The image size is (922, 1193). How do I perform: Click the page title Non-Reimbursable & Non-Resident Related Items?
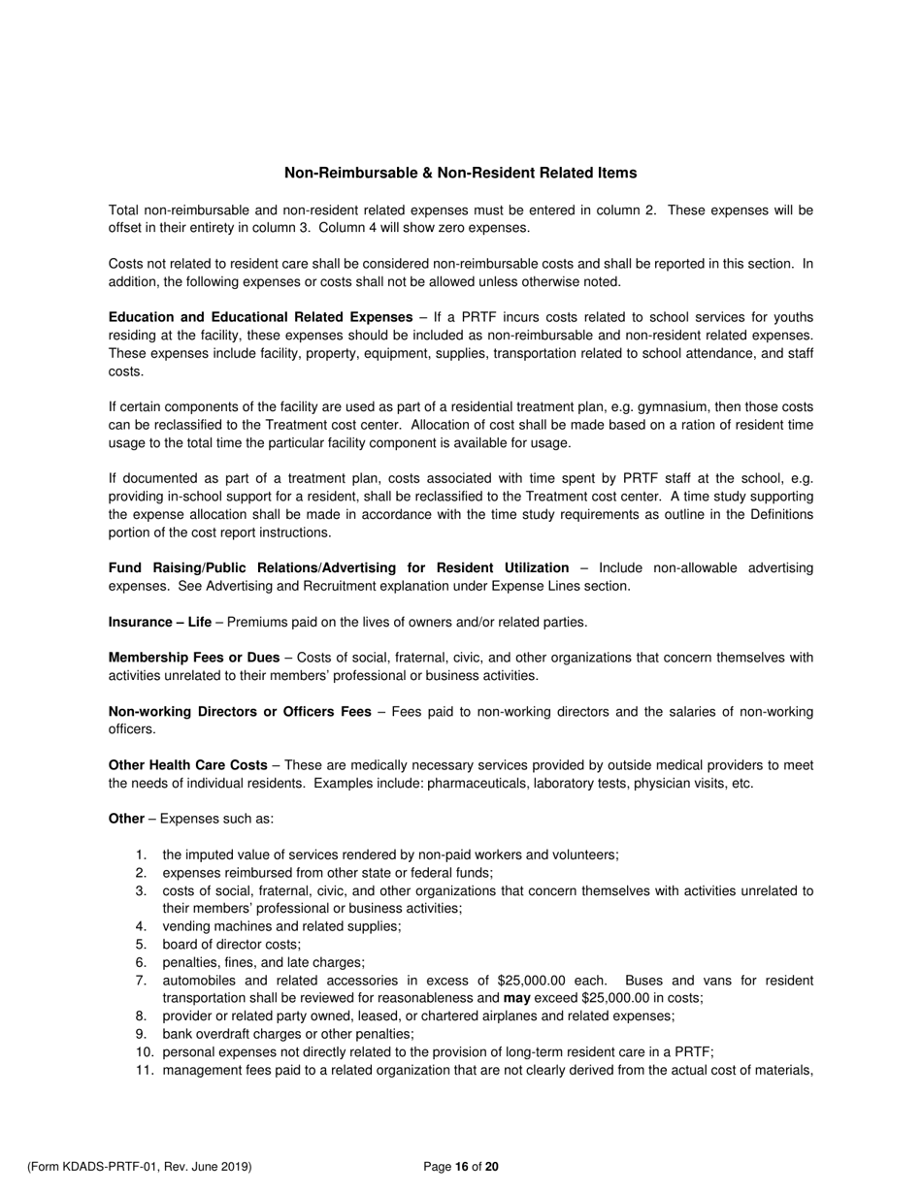[x=460, y=173]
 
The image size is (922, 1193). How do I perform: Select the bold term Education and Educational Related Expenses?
[x=260, y=317]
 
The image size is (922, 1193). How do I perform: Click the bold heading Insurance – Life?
[x=159, y=622]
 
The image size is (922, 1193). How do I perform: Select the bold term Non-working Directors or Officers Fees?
[x=240, y=712]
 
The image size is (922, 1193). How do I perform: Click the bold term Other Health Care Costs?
[x=187, y=765]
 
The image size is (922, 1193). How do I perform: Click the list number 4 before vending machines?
[x=142, y=926]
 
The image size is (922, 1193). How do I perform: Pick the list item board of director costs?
[x=232, y=944]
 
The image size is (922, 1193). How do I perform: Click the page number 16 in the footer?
[x=461, y=1167]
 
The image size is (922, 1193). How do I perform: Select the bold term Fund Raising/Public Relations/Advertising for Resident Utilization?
[x=339, y=567]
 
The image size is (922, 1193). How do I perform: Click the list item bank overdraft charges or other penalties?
[x=288, y=1034]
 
